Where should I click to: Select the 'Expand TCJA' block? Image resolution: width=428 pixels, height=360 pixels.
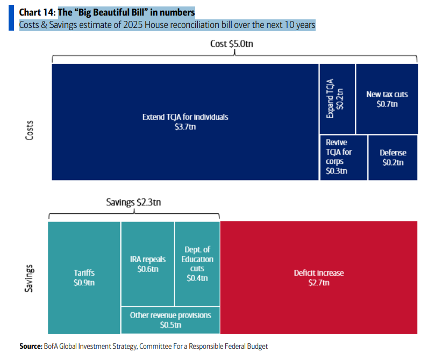click(337, 98)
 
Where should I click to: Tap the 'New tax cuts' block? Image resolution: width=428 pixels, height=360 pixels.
click(387, 98)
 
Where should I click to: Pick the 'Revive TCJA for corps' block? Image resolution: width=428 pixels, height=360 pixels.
click(344, 157)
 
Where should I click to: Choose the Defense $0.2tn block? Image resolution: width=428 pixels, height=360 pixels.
click(393, 157)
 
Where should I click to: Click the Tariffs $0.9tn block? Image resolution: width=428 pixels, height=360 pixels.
click(84, 277)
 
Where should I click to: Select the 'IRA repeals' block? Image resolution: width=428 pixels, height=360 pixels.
click(147, 263)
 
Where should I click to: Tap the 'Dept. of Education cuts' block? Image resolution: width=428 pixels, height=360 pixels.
click(197, 263)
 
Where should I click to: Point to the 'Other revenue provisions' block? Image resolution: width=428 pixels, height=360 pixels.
click(170, 320)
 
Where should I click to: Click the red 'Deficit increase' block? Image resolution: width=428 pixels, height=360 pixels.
click(318, 277)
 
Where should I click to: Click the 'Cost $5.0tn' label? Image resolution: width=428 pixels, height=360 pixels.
click(231, 44)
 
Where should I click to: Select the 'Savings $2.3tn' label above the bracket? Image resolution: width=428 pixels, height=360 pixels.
click(133, 203)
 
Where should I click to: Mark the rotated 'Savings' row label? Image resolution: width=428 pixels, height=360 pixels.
click(30, 277)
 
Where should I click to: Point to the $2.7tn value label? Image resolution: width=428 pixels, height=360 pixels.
click(318, 283)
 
